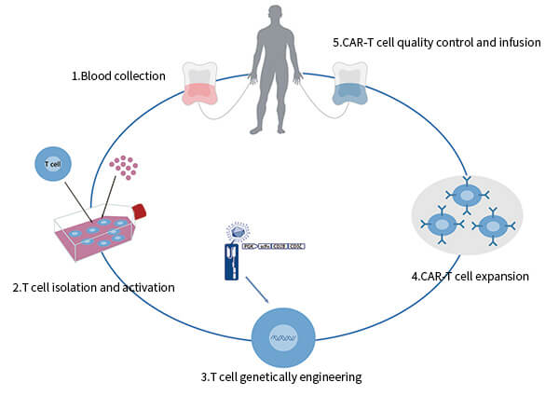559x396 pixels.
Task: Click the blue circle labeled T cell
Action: [x=54, y=165]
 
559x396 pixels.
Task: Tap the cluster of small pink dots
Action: [x=123, y=167]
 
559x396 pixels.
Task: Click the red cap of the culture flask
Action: [x=140, y=211]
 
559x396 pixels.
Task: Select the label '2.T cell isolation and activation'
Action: [x=93, y=287]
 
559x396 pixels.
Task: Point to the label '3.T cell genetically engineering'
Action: [x=279, y=377]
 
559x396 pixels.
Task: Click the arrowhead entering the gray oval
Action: [x=465, y=174]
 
